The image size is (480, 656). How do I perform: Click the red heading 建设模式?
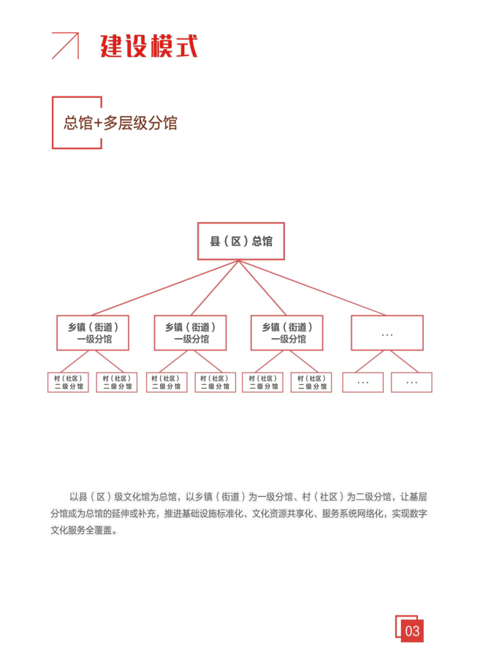(148, 46)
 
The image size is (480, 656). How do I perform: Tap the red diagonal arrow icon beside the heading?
(65, 45)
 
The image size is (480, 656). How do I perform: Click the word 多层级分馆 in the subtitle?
(140, 123)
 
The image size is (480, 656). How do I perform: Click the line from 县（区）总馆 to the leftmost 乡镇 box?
(165, 288)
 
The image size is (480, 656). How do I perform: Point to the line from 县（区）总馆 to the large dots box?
(312, 288)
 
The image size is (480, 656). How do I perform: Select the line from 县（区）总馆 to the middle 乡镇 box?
(215, 288)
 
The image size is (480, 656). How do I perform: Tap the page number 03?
(412, 631)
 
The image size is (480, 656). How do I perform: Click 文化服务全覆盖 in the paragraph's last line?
(82, 530)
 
